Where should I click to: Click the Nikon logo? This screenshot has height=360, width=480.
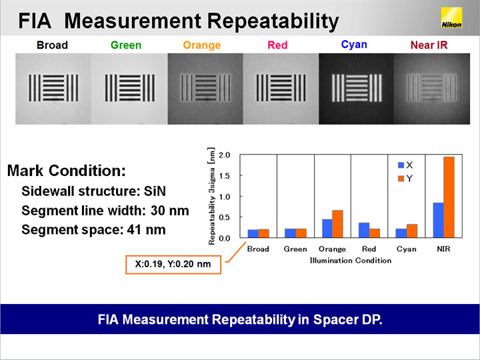coord(451,17)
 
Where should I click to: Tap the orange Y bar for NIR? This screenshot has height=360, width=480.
coord(449,197)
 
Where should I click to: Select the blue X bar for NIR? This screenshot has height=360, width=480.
coord(439,220)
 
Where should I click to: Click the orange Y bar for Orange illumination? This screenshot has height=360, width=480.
coord(337,224)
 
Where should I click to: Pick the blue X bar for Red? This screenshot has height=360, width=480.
coord(364,230)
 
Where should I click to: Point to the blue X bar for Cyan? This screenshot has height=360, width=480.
coord(401,233)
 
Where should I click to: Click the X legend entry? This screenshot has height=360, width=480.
coord(405,165)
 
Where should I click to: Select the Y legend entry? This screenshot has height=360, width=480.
coord(405,179)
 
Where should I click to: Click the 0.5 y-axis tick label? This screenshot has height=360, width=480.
coord(225,217)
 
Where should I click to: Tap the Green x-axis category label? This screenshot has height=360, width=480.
coord(295,249)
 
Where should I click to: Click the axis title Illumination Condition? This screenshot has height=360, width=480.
coord(351,261)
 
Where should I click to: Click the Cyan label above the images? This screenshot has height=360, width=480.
coord(354,45)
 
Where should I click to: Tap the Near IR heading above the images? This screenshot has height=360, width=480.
coord(429,45)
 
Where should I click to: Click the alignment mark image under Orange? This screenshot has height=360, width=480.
coord(205,89)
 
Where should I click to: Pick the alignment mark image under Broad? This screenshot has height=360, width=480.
coord(53,89)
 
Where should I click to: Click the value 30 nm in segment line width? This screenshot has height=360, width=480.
coord(169,211)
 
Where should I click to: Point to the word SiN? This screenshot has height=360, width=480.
coord(155,191)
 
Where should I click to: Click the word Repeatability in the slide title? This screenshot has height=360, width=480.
coord(273,21)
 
